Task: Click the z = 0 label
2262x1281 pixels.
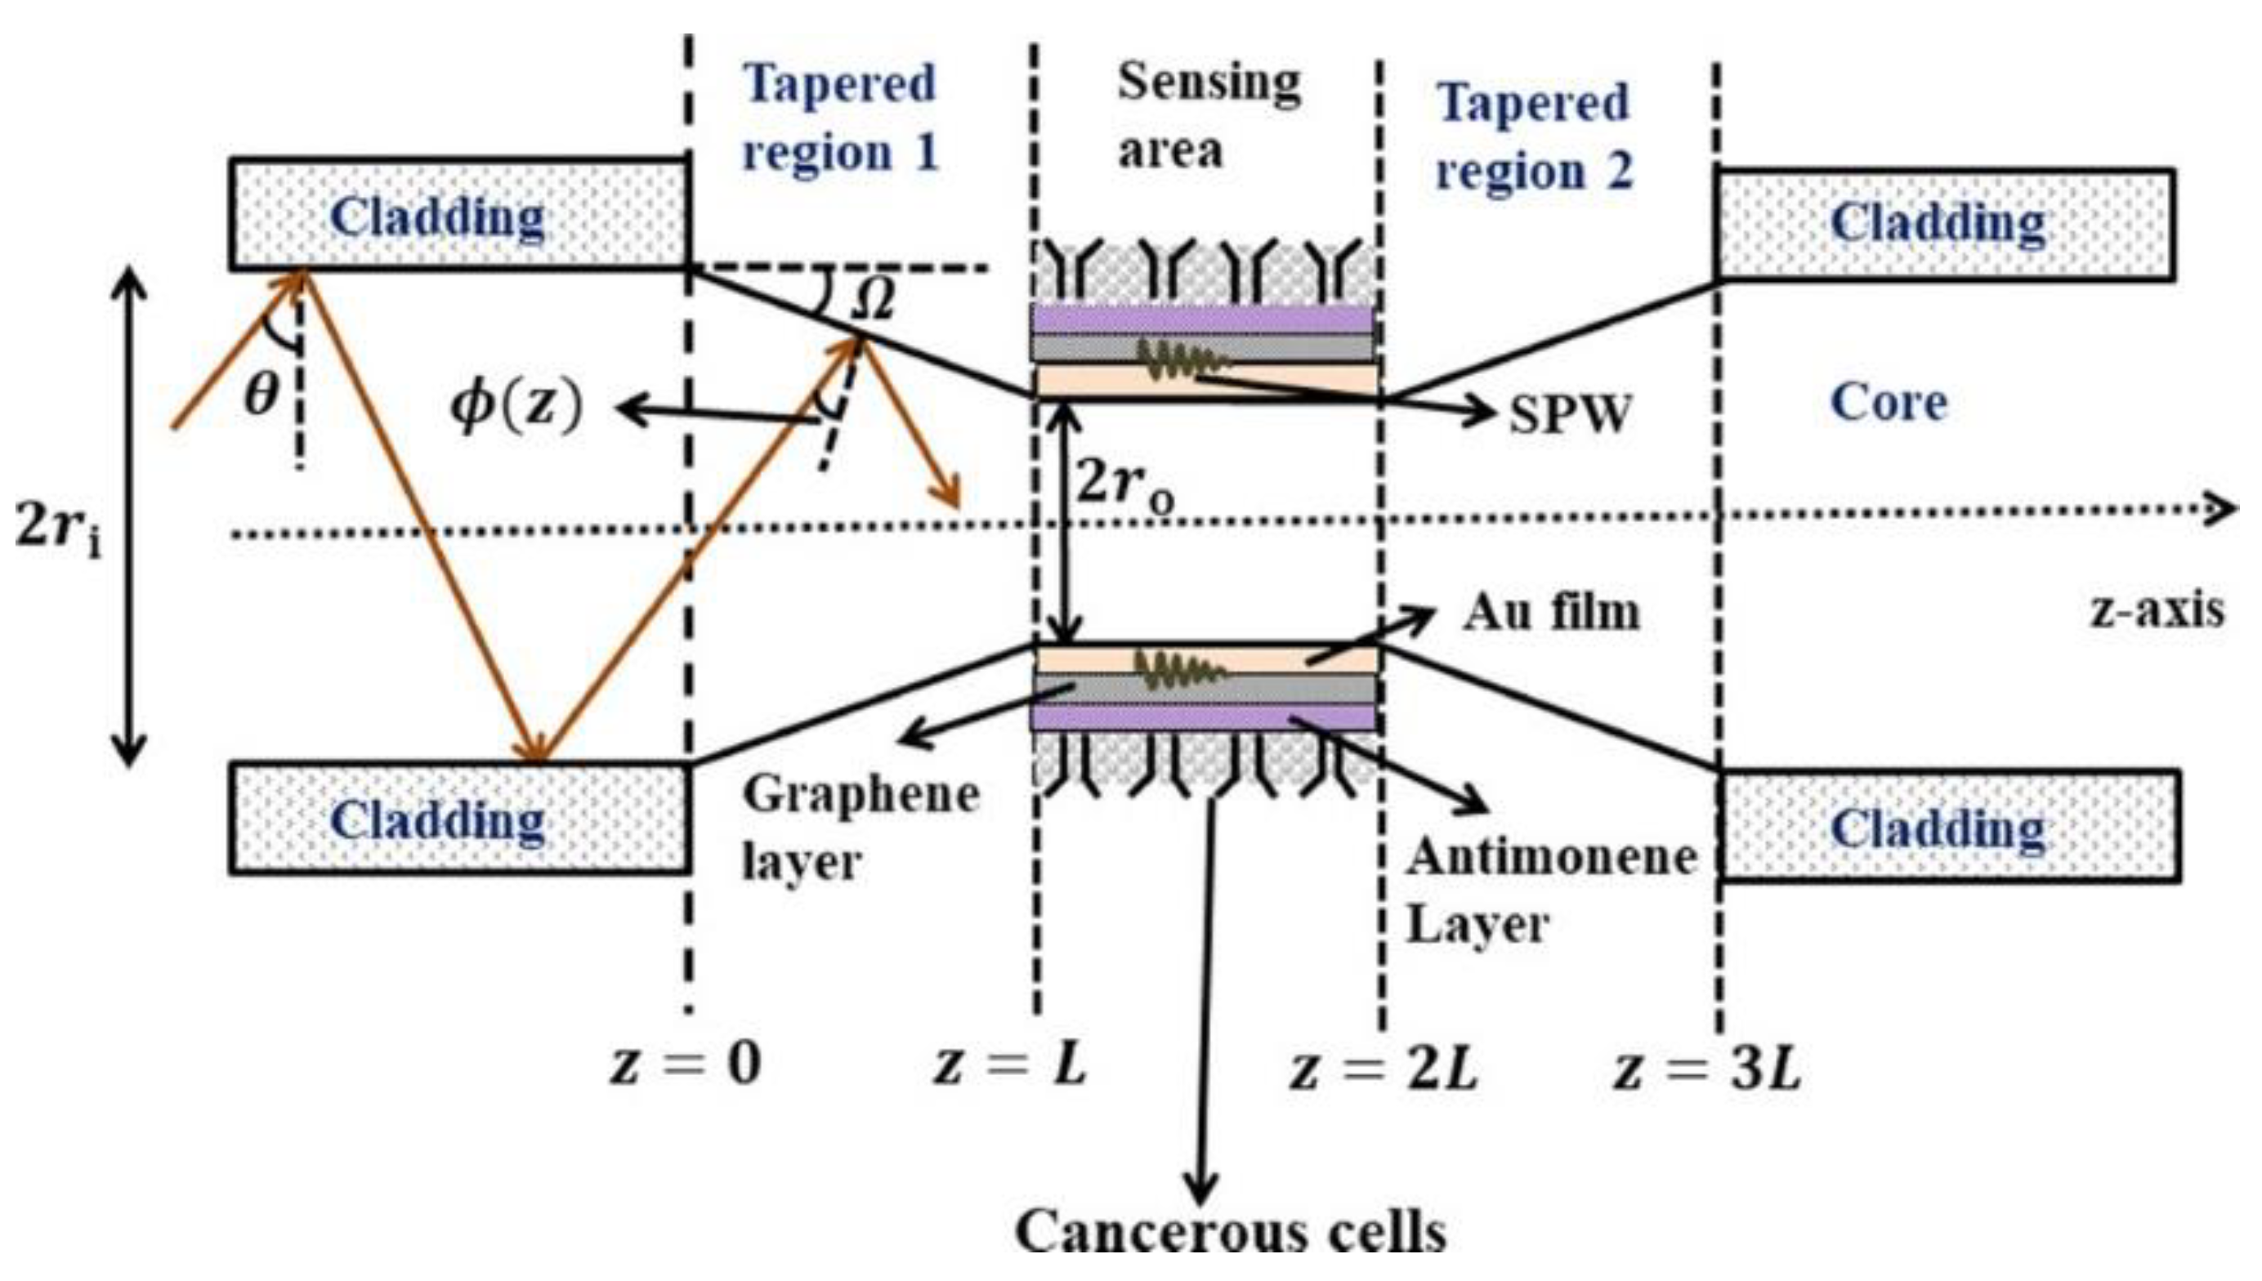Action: (686, 1065)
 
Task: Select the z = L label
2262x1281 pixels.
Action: (1010, 1065)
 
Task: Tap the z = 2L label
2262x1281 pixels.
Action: (1383, 1069)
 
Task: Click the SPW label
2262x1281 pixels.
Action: (1570, 413)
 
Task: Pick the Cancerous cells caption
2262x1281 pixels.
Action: (1230, 1232)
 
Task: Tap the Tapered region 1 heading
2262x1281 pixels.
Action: (840, 118)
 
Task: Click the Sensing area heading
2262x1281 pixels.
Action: (1207, 116)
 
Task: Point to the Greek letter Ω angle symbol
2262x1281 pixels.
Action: (873, 299)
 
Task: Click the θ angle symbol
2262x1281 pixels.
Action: (262, 394)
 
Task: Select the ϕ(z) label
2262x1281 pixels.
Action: (516, 407)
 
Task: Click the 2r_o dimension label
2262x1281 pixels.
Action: (1124, 484)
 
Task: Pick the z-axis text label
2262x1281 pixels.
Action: (2157, 609)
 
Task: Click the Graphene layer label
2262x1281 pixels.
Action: (860, 827)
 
